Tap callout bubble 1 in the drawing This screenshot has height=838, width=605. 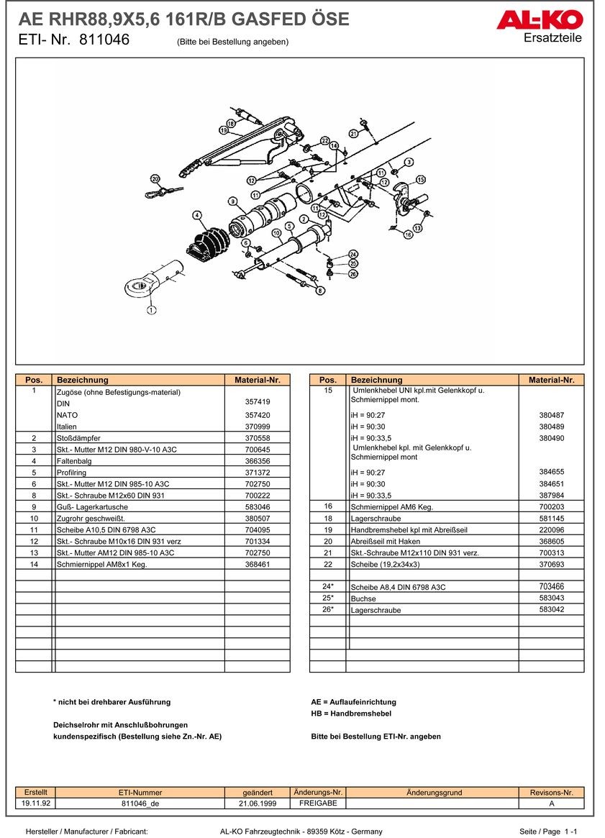[x=151, y=311]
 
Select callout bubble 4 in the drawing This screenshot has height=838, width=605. [x=197, y=215]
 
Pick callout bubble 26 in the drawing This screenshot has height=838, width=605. [x=352, y=274]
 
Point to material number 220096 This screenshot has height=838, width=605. [x=551, y=530]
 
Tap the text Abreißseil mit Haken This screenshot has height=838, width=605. [x=386, y=542]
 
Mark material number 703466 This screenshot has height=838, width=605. [x=551, y=587]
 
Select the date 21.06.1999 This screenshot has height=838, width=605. [x=257, y=803]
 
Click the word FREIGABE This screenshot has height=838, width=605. [x=318, y=803]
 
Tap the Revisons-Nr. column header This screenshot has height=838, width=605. [x=551, y=793]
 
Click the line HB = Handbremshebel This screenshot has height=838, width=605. [x=351, y=714]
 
